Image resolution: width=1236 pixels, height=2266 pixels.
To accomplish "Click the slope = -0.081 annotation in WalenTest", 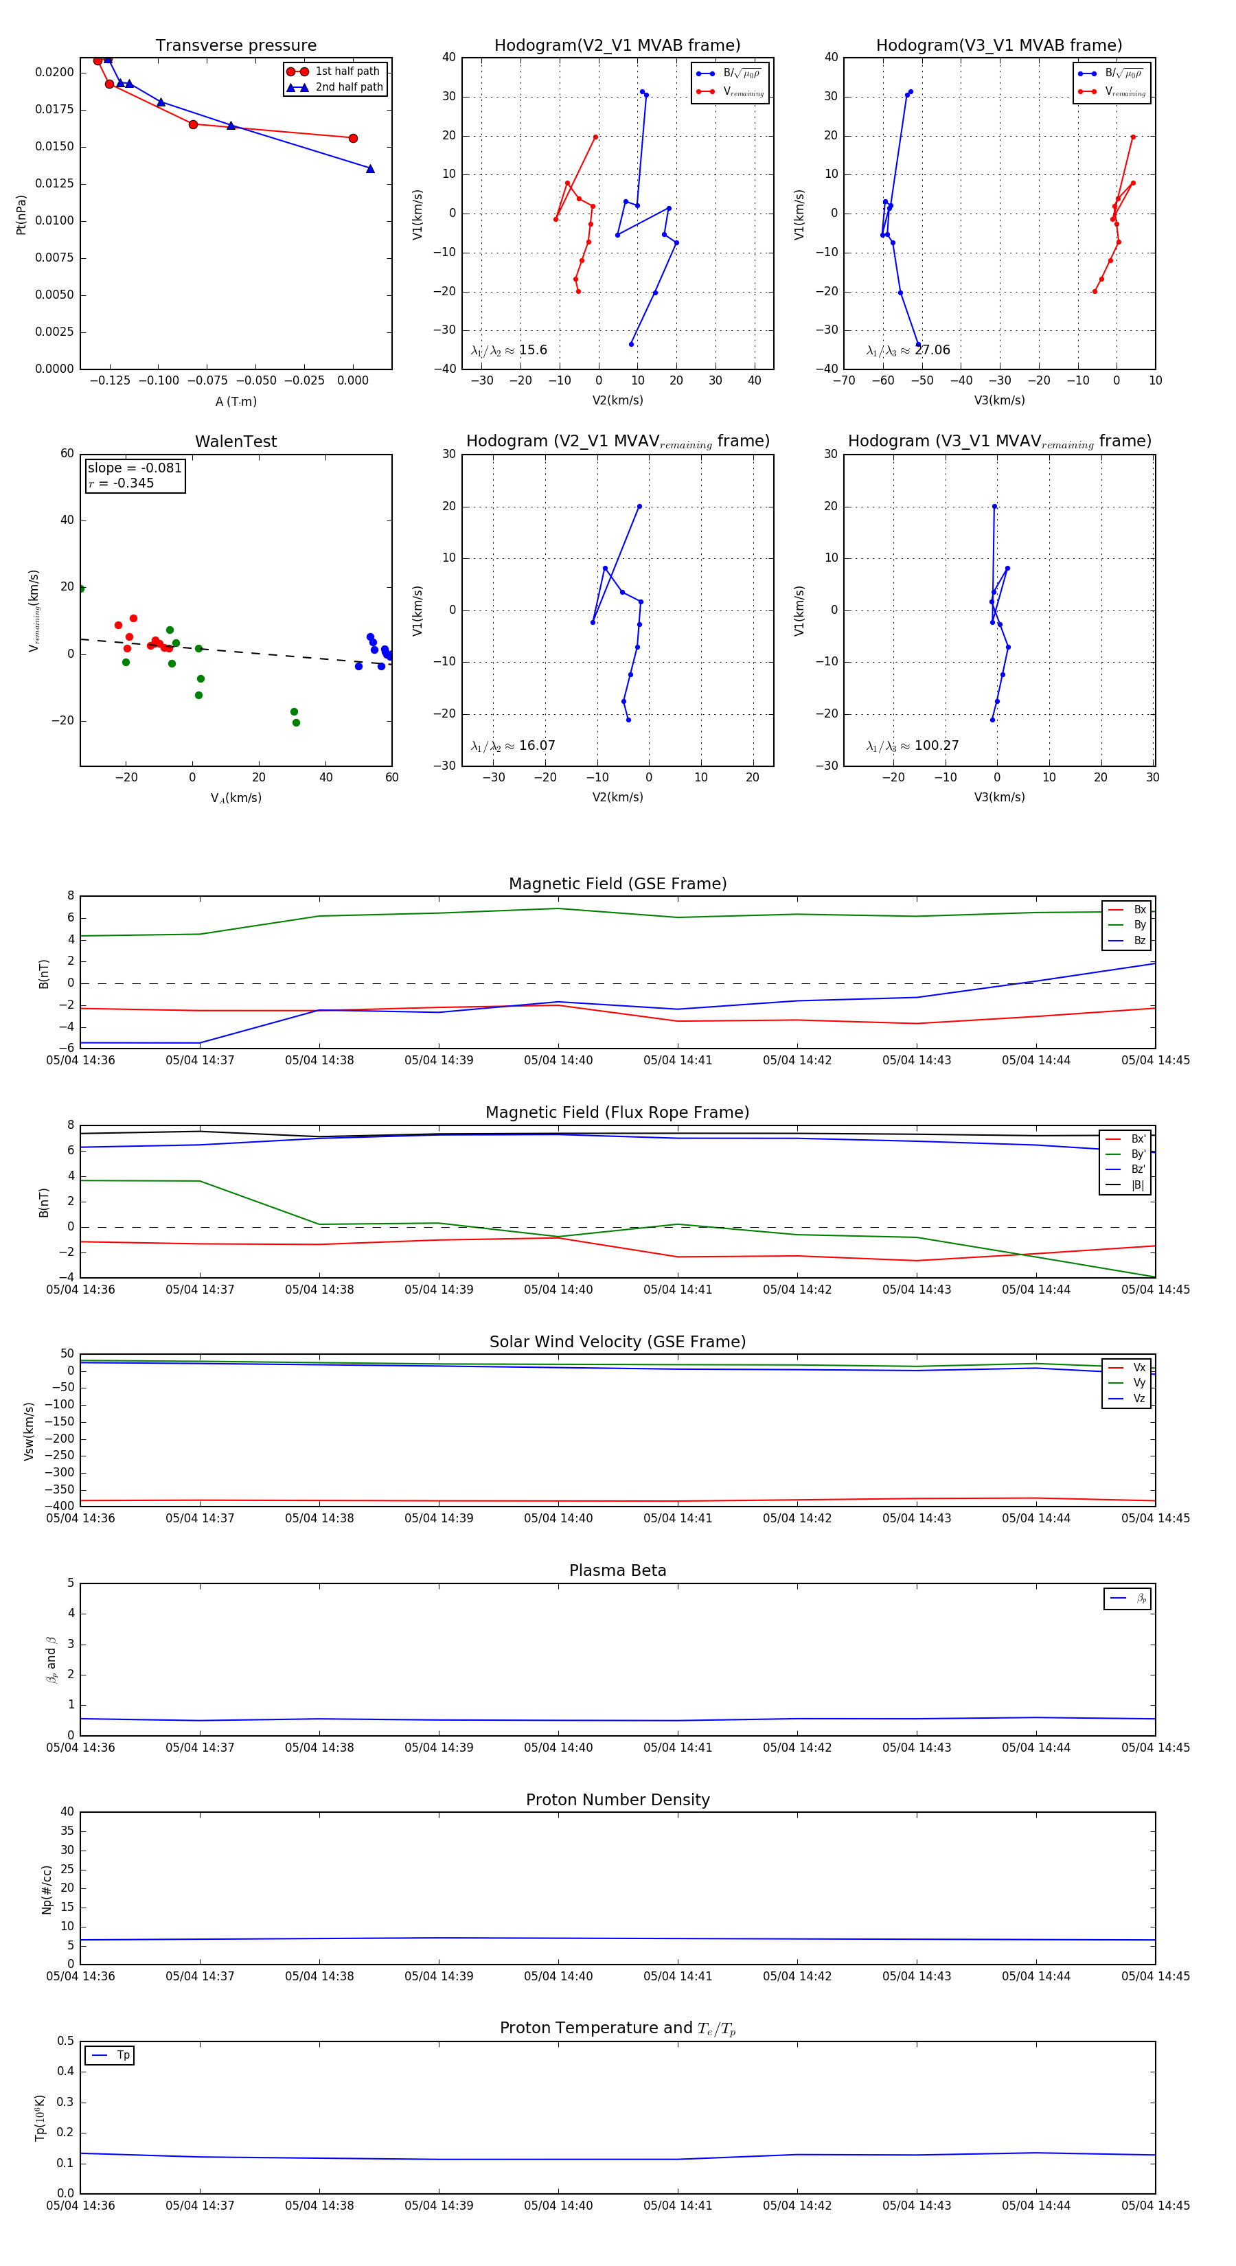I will tap(135, 468).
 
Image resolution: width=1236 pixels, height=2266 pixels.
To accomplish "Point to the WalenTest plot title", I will tap(236, 442).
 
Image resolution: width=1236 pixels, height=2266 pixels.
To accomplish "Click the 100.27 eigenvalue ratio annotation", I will tap(936, 745).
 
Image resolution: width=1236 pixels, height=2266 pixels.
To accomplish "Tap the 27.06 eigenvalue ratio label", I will tap(932, 350).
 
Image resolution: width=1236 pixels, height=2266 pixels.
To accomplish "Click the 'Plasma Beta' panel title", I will tap(617, 1570).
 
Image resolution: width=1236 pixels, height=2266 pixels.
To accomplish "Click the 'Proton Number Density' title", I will tap(617, 1800).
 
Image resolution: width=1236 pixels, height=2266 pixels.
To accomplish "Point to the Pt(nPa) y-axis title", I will tap(21, 215).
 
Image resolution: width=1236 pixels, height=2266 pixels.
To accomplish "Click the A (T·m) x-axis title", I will tap(236, 401).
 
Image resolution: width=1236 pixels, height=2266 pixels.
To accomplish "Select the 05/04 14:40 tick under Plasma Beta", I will tap(558, 1747).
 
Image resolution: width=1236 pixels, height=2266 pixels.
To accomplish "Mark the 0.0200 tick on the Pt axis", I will tap(54, 72).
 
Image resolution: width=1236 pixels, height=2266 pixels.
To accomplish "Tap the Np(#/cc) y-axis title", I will tap(47, 1890).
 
